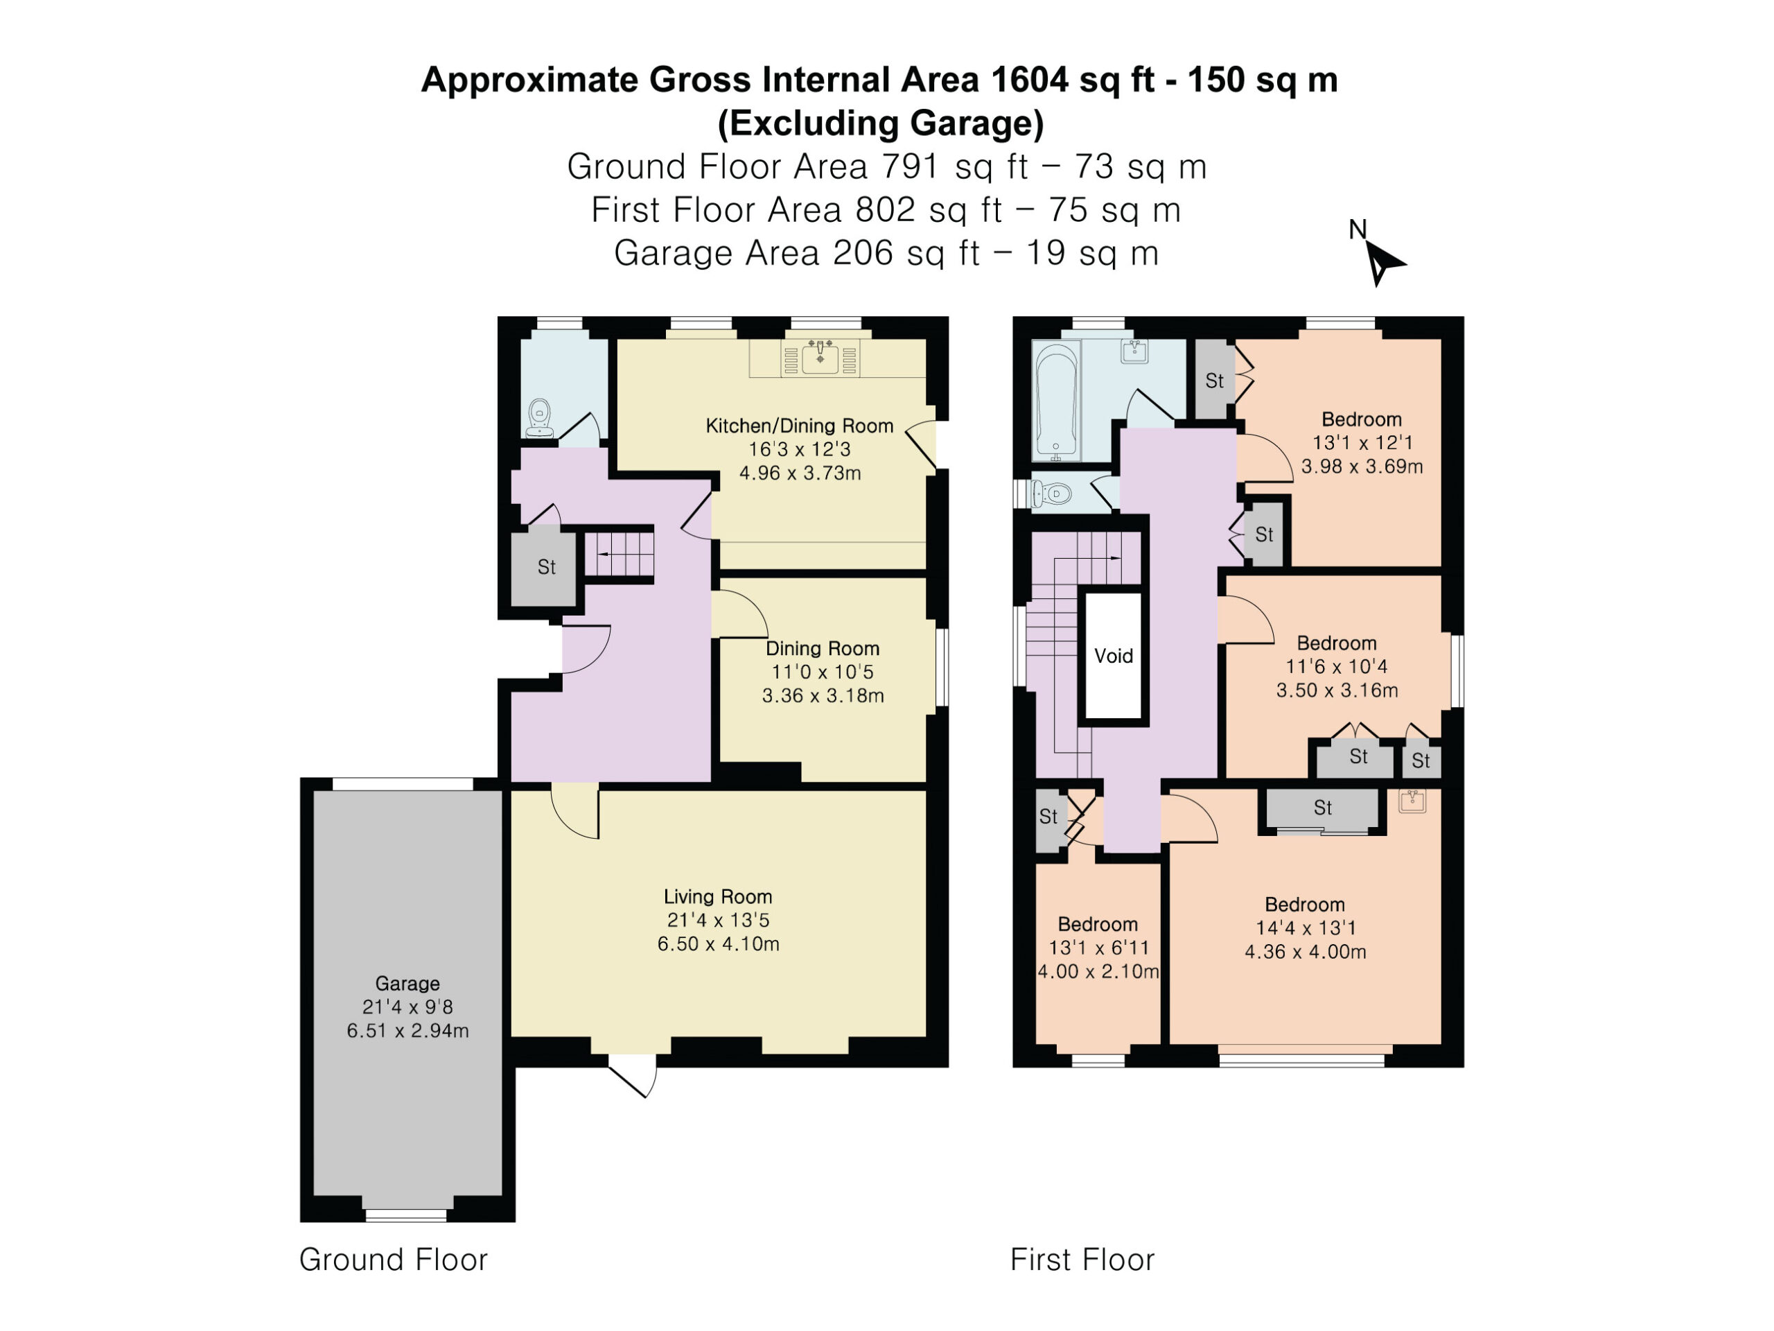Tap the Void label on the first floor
1113,656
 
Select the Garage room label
407,983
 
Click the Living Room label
718,896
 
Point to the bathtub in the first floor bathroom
1055,401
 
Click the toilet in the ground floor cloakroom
540,418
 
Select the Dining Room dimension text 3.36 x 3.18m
823,695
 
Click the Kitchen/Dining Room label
800,426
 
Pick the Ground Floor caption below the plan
393,1260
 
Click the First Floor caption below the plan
1082,1260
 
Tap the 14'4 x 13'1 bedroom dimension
1306,928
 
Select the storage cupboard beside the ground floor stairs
545,567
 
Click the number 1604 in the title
1029,80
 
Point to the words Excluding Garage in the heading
881,123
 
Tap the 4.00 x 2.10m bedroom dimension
1098,972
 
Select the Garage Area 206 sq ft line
886,253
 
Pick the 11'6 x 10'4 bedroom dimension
1337,666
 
